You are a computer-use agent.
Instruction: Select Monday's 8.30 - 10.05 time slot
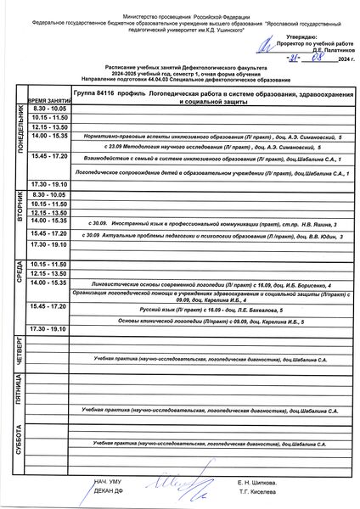(49, 109)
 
